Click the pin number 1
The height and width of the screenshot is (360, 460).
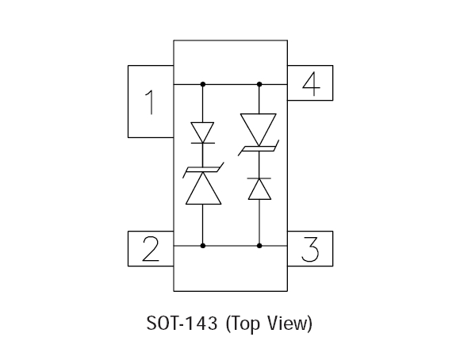coord(151,102)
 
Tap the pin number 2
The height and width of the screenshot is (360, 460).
coord(151,249)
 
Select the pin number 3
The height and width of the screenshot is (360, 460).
coord(310,249)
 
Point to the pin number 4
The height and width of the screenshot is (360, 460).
coord(311,84)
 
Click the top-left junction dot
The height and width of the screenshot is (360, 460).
coord(203,85)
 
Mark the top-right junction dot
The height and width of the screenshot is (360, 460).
coord(259,85)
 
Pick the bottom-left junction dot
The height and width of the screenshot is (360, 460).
coord(203,246)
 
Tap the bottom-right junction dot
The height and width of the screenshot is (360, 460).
coord(259,246)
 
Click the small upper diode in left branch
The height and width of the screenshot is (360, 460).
coord(203,133)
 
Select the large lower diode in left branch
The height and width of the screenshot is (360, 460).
coord(203,183)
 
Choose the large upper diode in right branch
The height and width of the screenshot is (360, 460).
coord(259,135)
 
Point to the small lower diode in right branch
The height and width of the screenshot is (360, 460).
coord(259,189)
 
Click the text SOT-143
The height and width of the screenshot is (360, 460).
coord(182,323)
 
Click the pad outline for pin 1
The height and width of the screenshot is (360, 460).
coord(128,101)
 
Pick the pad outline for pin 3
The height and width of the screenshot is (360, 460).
coord(332,249)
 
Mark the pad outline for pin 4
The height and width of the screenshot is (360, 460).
coord(332,83)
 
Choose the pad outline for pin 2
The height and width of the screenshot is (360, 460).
coord(128,249)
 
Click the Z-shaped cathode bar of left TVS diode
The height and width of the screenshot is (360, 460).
coord(203,170)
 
